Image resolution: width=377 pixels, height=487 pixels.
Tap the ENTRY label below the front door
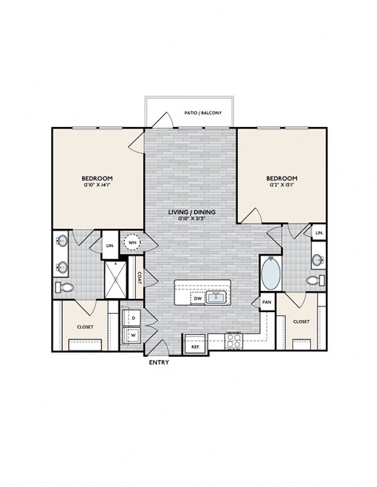pyautogui.click(x=159, y=363)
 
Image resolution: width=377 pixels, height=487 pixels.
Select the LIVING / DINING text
pyautogui.click(x=192, y=212)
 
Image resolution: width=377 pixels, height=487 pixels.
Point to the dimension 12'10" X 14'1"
pyautogui.click(x=97, y=186)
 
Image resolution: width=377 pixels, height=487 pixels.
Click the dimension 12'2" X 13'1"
pyautogui.click(x=280, y=186)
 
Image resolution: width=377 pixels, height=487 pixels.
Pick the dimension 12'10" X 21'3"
pyautogui.click(x=192, y=219)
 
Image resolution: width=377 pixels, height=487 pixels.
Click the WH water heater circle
pyautogui.click(x=133, y=242)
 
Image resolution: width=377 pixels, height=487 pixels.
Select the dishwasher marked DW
pyautogui.click(x=199, y=298)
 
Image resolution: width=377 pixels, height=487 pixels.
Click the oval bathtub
pyautogui.click(x=270, y=275)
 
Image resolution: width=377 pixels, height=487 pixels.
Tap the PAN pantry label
pyautogui.click(x=267, y=302)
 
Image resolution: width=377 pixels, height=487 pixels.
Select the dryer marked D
pyautogui.click(x=134, y=318)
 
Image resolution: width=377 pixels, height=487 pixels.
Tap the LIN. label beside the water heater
pyautogui.click(x=110, y=246)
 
